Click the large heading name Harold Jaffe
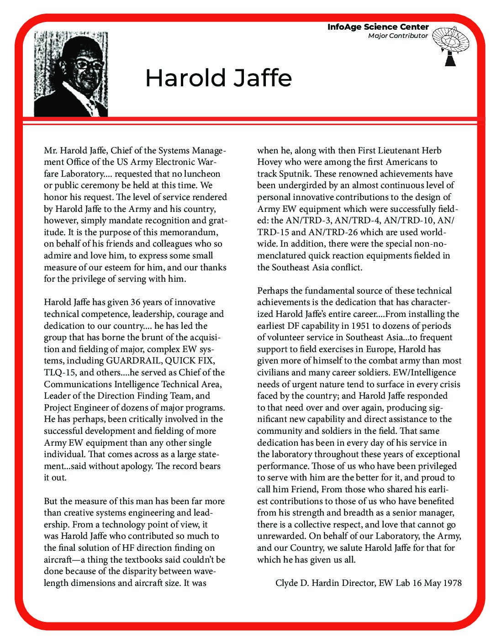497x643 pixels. click(x=218, y=78)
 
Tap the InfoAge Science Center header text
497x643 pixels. click(x=378, y=27)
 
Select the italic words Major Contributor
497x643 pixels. click(x=398, y=36)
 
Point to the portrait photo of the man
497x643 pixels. click(x=71, y=74)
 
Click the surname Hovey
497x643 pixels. click(x=269, y=162)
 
